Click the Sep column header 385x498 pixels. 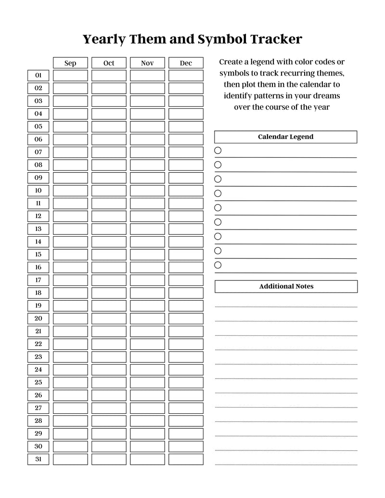(70, 63)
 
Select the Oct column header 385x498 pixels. (109, 63)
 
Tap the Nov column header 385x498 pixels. (147, 63)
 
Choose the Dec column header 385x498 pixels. (186, 63)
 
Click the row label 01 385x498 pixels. (38, 76)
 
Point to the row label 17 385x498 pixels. (38, 280)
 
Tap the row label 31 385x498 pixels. (38, 459)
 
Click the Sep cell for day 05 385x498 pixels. (70, 127)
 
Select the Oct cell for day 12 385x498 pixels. (109, 216)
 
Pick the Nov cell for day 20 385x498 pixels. (147, 319)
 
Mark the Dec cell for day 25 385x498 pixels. (186, 383)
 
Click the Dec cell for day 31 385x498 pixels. (186, 459)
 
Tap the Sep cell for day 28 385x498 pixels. (70, 421)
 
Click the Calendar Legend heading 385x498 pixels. (285, 137)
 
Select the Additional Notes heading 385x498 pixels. (286, 286)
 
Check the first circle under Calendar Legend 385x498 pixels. (218, 151)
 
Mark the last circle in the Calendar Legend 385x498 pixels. (218, 265)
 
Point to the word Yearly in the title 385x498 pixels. (104, 39)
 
